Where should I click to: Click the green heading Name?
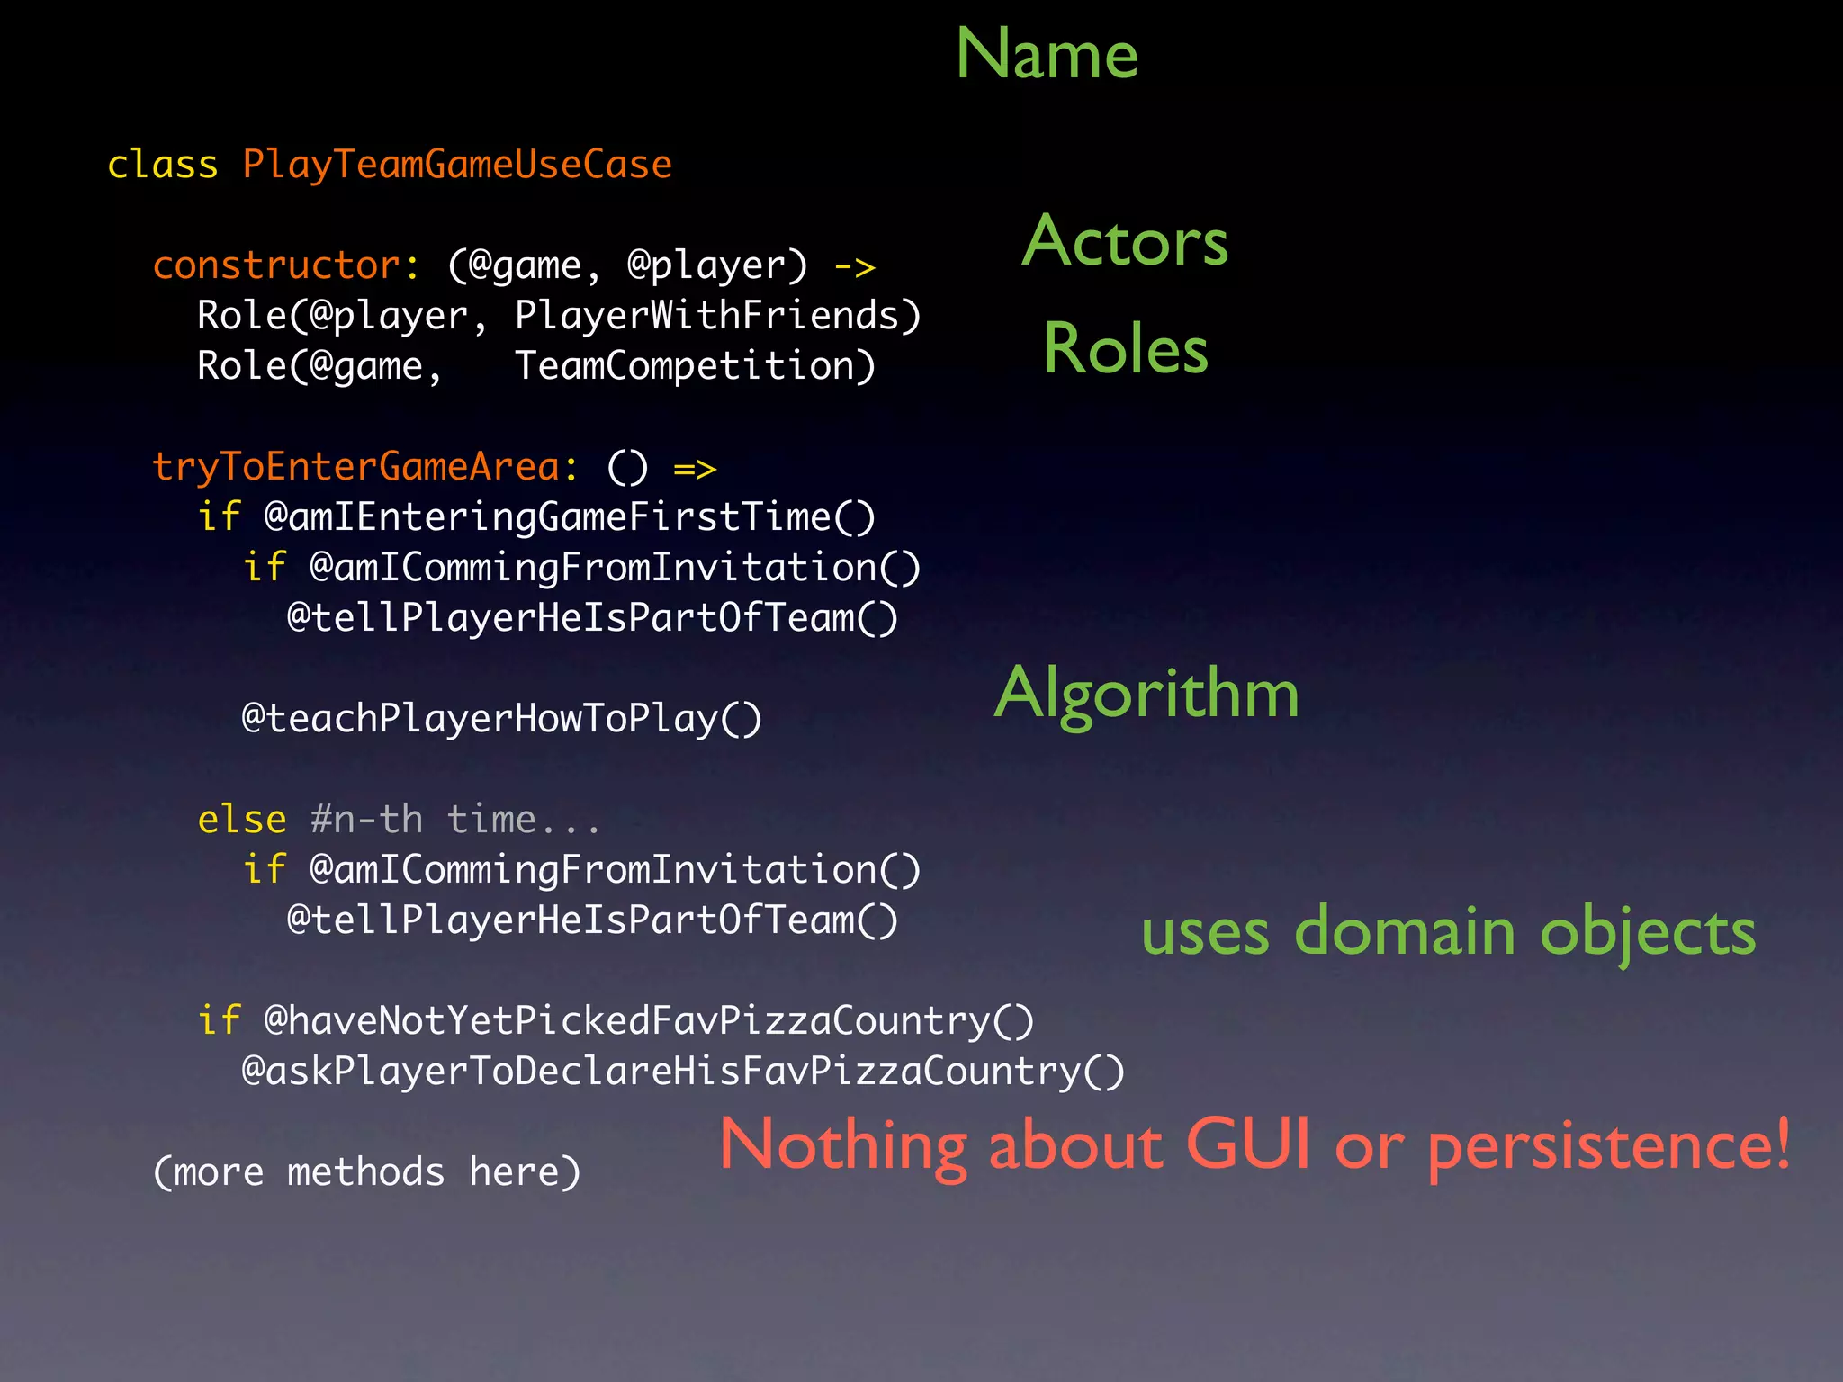1047,54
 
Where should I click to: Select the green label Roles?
1125,349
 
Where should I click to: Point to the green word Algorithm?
1146,693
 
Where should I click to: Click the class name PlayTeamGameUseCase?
457,166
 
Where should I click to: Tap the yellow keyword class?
162,166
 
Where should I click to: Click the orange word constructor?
276,265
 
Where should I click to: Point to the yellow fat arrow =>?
695,469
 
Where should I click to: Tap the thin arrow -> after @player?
854,267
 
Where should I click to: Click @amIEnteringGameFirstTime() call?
570,517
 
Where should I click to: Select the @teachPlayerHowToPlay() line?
502,719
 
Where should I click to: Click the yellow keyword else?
242,820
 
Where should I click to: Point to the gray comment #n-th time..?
455,820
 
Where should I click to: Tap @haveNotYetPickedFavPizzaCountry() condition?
649,1021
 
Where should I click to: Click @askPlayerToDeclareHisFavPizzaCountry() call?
683,1072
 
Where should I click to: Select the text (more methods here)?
367,1172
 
